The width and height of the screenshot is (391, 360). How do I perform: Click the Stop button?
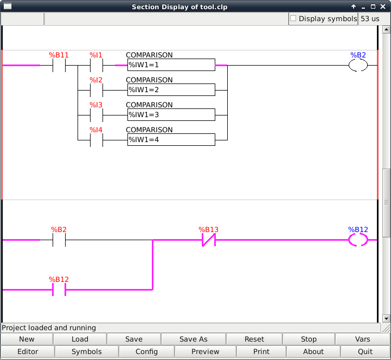[309, 339]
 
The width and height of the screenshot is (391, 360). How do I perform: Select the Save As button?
[193, 339]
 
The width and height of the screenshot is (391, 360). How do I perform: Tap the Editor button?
[28, 351]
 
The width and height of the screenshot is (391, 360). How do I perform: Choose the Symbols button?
[87, 351]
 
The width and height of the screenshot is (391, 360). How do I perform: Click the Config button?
[146, 351]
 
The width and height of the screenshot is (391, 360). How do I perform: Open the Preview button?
[205, 351]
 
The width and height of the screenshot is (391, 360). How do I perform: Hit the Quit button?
[365, 351]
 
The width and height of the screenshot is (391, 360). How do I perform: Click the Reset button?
[254, 339]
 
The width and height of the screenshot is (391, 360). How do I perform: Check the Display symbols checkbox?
[293, 18]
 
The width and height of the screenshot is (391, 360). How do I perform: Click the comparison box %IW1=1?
[171, 65]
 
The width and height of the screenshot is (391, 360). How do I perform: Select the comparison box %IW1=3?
[171, 115]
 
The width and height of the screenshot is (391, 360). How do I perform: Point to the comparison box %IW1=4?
[171, 140]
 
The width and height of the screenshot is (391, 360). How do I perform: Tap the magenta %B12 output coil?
[349, 240]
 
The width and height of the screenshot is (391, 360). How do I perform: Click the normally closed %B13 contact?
[209, 240]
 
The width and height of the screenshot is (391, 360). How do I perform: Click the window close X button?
[383, 7]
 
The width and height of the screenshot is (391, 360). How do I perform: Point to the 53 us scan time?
[370, 18]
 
